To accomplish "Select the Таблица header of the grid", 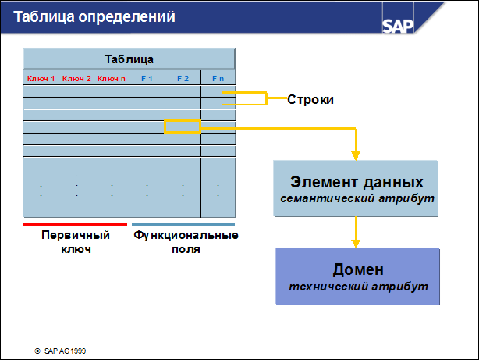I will pos(129,59).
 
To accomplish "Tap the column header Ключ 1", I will pos(41,78).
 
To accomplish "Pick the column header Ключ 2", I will pos(76,78).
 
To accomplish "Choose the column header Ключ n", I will pos(112,78).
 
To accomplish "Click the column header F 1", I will pos(147,78).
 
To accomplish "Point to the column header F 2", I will pos(183,78).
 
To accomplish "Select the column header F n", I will pos(218,78).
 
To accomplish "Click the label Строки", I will pos(310,100).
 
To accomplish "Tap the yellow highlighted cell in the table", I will pos(183,127).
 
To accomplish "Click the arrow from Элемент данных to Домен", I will pos(357,231).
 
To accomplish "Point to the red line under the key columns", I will pos(75,224).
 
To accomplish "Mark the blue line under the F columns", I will pos(183,224).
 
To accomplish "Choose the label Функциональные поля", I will pos(186,242).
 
